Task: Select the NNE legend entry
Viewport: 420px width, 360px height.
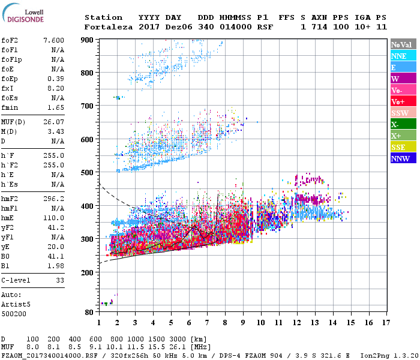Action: coord(403,56)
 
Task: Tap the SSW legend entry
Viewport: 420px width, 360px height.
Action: coord(403,113)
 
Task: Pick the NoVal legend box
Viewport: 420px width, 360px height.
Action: coord(403,44)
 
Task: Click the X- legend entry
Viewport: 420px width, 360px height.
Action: coord(403,124)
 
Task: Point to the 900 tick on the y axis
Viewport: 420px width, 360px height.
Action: coord(89,40)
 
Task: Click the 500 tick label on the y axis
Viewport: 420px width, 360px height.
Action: coord(89,172)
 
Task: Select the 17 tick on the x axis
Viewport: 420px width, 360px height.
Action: coord(387,323)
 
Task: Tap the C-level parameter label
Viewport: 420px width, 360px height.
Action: coord(16,280)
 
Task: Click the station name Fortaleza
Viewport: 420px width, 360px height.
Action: coord(103,27)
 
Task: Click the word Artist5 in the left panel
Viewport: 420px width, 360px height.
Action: coord(15,304)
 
